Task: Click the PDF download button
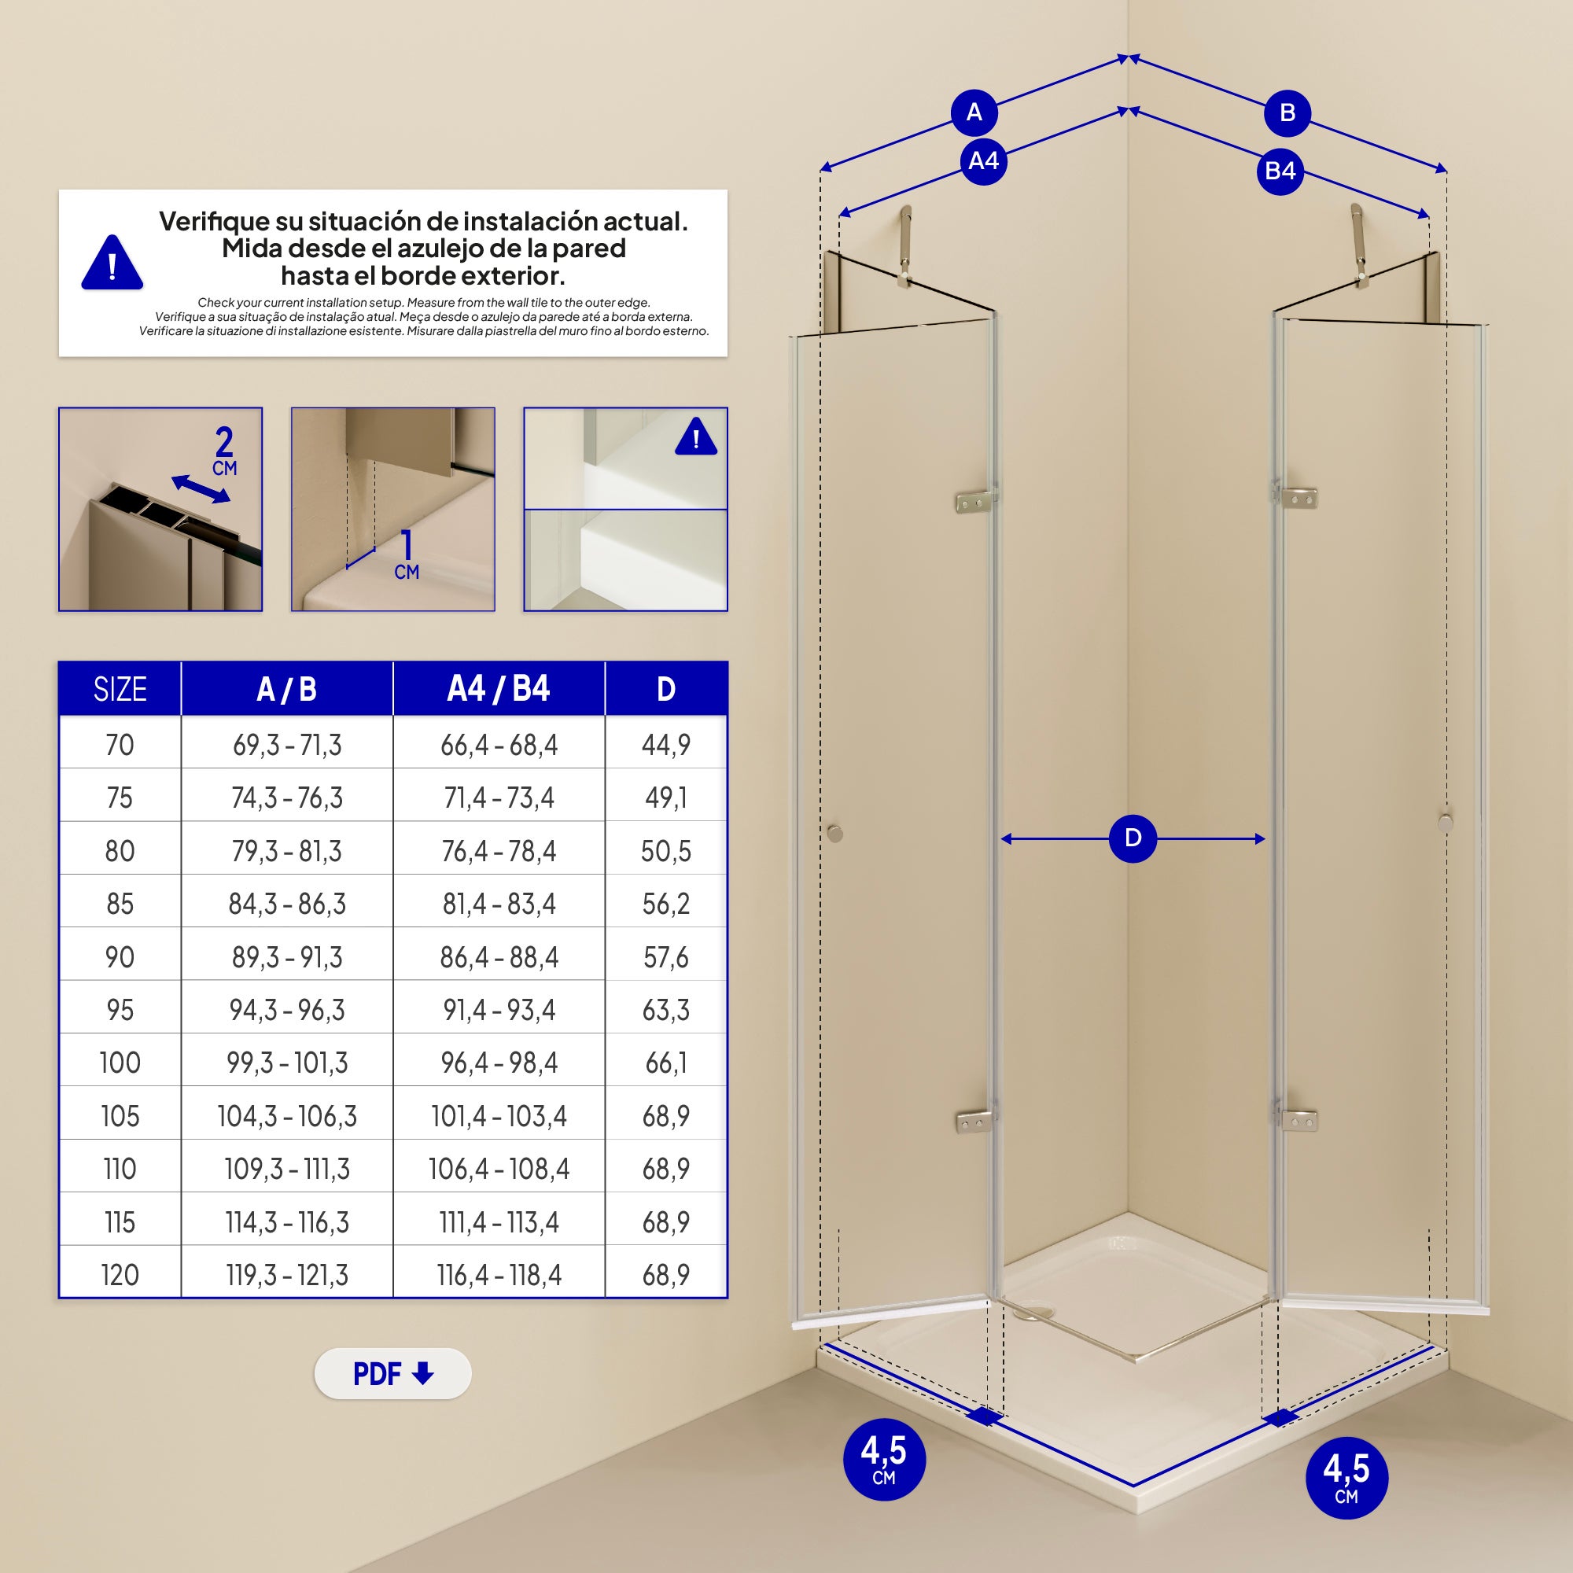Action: [392, 1373]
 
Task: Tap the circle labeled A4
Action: [982, 161]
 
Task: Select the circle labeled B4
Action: [1280, 171]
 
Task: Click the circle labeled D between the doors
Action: [1133, 838]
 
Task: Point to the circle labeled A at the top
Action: [974, 112]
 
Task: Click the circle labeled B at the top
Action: [1287, 112]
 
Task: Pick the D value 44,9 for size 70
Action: [665, 744]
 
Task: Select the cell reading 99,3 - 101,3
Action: [286, 1063]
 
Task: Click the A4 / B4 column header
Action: [499, 689]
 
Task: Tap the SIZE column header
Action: [120, 690]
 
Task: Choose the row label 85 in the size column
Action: [120, 904]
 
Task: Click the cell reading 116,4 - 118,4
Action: [499, 1274]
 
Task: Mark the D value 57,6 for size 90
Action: [665, 956]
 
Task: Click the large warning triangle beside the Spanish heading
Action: [112, 263]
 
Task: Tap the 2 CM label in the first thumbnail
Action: [224, 452]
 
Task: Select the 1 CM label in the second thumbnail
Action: [407, 556]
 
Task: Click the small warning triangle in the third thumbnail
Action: [695, 438]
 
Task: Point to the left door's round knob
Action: [834, 833]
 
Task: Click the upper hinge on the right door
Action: [1298, 499]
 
